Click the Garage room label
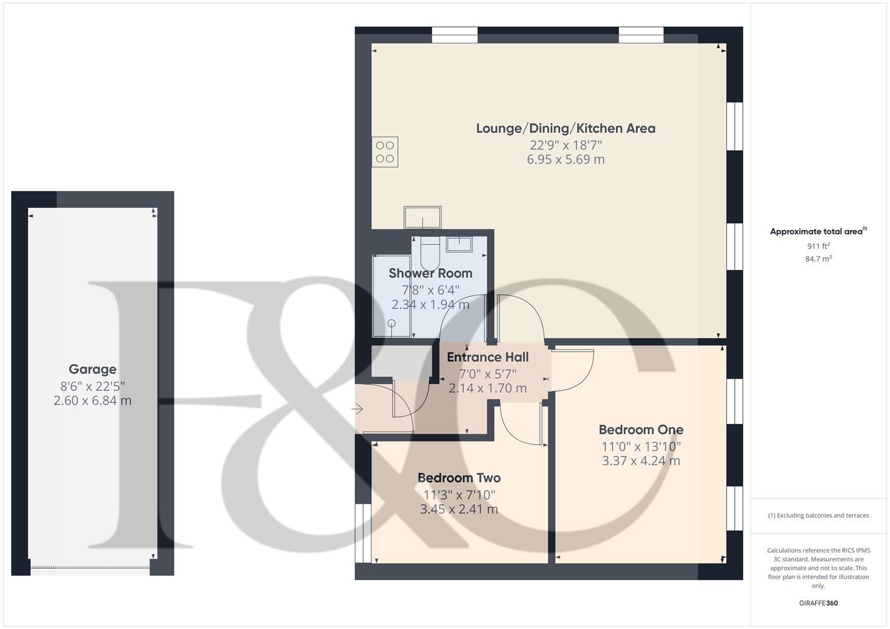click(92, 369)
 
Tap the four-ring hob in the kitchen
click(385, 152)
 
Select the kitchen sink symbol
click(423, 217)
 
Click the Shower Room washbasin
click(460, 244)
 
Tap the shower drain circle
click(392, 323)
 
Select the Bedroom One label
click(641, 430)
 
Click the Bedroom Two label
click(459, 478)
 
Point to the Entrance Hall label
click(488, 357)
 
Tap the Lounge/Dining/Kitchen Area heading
click(565, 128)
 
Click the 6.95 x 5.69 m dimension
click(565, 160)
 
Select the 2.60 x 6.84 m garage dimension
click(92, 401)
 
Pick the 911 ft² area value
click(818, 246)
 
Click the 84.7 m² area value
click(818, 259)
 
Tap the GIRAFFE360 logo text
click(818, 603)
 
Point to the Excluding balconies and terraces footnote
click(818, 515)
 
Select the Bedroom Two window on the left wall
click(363, 532)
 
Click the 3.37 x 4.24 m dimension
click(641, 461)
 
